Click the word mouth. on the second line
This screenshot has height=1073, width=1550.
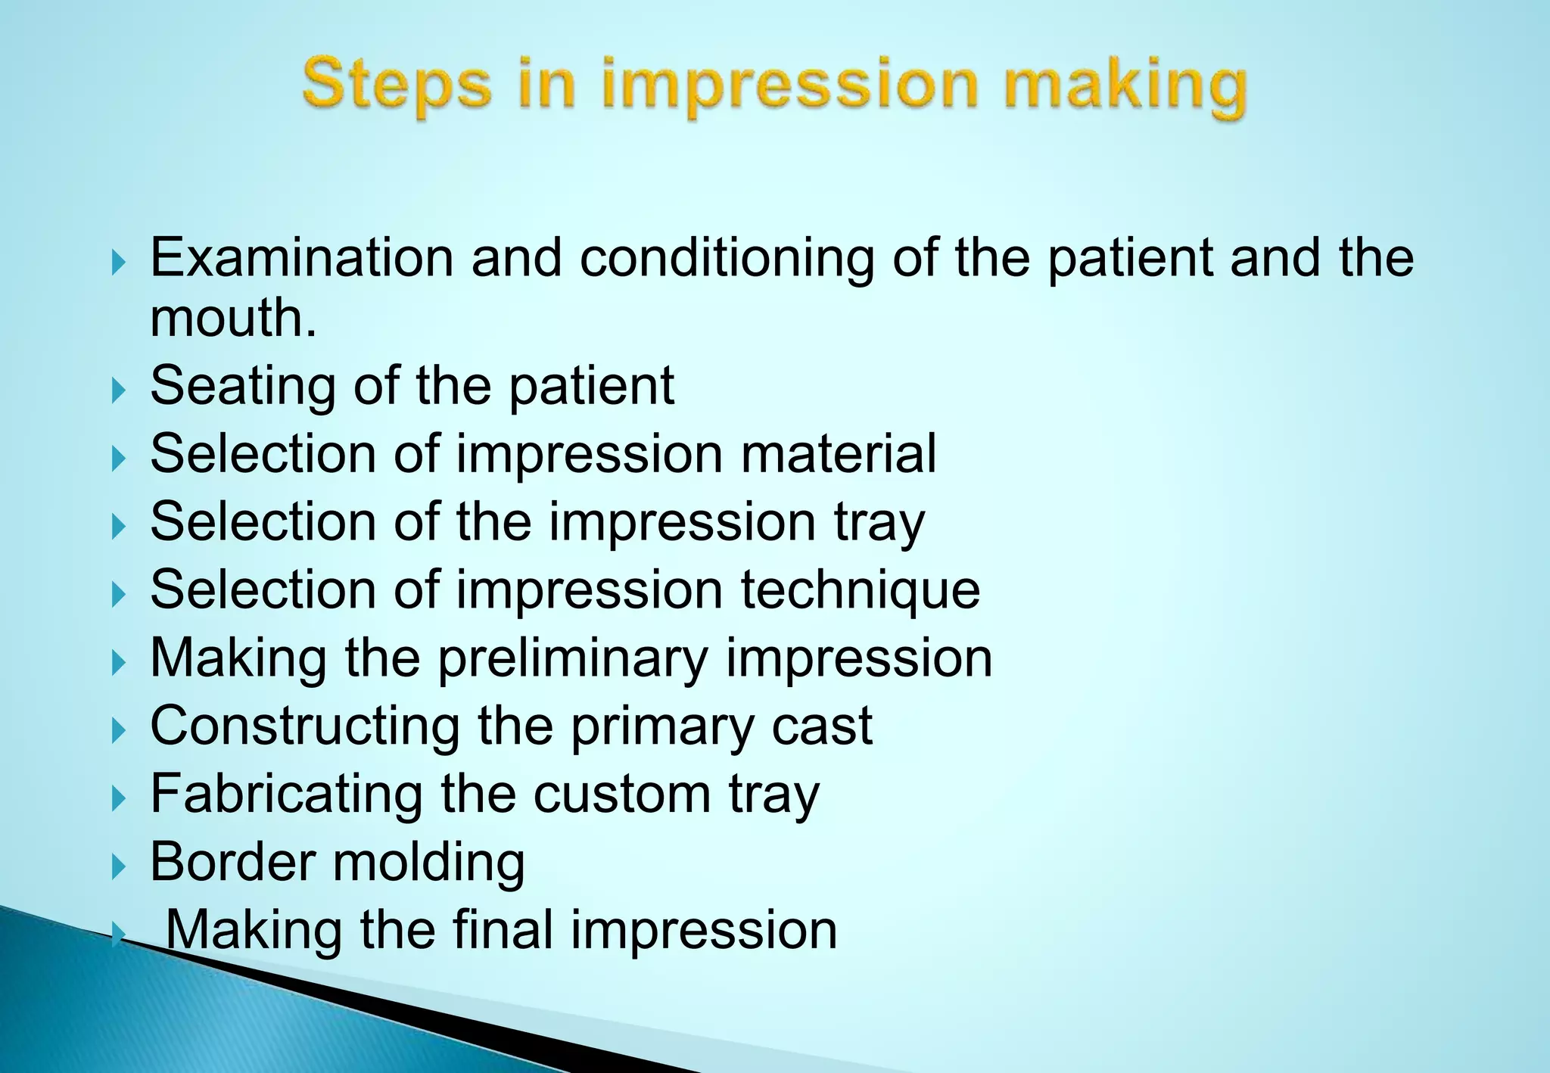pos(233,318)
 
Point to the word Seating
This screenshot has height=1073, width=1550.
pos(243,387)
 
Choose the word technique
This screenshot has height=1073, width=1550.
pos(861,590)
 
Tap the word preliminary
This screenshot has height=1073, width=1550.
pos(573,658)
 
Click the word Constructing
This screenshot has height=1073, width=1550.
pos(305,726)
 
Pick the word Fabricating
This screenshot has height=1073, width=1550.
pos(286,795)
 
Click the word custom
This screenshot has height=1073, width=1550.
pos(622,795)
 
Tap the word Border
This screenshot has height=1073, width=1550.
pos(232,862)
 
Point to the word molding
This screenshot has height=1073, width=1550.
pos(428,862)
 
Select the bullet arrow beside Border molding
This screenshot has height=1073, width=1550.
pos(118,866)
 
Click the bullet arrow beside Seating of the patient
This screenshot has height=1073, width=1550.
pos(118,390)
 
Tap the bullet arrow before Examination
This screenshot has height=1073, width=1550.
pos(118,263)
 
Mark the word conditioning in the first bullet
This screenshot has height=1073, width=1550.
pos(727,258)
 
